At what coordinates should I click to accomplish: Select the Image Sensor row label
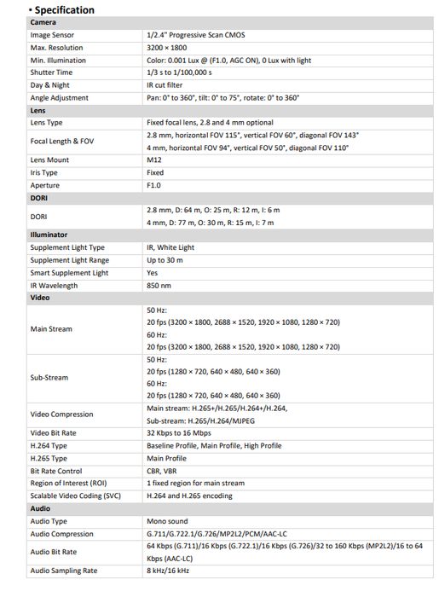(x=54, y=36)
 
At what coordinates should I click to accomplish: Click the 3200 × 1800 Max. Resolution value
(x=167, y=48)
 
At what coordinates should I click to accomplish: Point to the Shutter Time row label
(x=51, y=72)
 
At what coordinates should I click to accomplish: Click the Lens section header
(x=38, y=110)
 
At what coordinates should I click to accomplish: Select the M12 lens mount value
(x=153, y=159)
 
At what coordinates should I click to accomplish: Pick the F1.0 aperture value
(x=154, y=185)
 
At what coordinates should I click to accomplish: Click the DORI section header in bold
(x=39, y=197)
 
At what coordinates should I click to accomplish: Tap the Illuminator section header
(x=49, y=235)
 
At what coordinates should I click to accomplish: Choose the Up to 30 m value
(x=165, y=260)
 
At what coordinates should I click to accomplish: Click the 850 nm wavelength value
(x=159, y=285)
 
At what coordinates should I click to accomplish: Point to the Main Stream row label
(x=51, y=328)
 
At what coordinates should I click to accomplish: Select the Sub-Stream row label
(x=49, y=377)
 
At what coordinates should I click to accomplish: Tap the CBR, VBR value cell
(x=161, y=470)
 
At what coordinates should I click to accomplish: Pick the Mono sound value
(x=167, y=520)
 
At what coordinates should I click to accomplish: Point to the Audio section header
(x=40, y=508)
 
